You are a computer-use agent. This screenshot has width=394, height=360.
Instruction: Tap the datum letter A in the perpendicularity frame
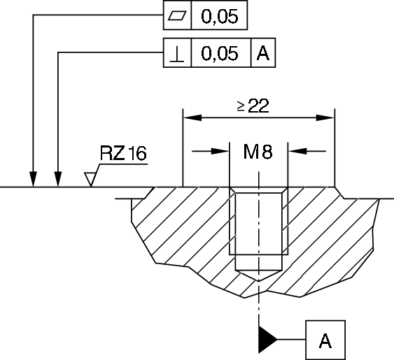(x=262, y=54)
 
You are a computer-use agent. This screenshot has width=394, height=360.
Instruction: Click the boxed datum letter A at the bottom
(x=325, y=340)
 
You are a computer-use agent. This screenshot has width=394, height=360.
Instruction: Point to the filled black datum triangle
(x=268, y=340)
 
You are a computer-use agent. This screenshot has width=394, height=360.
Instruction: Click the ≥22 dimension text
(x=252, y=106)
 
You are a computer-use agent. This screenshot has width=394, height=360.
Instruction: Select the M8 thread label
(x=258, y=151)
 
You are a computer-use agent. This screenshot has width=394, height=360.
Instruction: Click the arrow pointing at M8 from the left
(x=223, y=150)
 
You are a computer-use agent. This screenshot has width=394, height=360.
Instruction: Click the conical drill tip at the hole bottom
(x=259, y=275)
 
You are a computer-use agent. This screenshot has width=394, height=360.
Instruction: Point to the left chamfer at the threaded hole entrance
(x=234, y=191)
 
